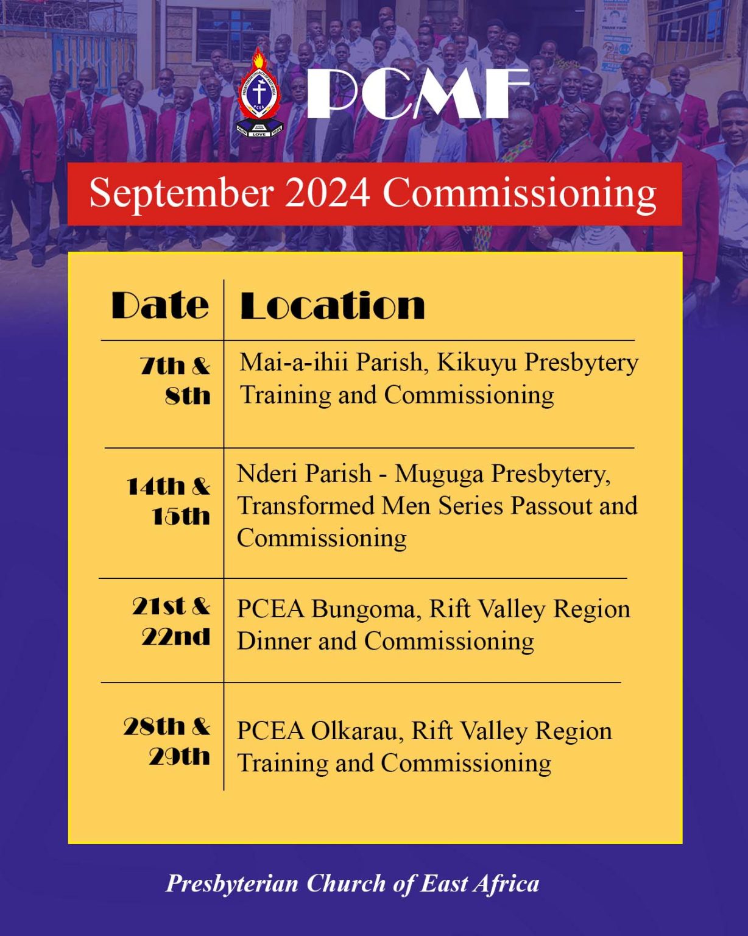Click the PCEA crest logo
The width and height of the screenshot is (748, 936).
point(260,94)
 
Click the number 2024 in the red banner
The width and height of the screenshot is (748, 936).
point(327,194)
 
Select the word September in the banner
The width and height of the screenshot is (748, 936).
point(181,194)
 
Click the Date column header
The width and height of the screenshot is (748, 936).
point(160,305)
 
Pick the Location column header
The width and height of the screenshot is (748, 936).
point(333,305)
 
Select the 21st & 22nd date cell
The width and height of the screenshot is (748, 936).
point(172,621)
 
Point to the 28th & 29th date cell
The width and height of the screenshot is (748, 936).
point(168,741)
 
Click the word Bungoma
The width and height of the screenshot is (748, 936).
point(363,609)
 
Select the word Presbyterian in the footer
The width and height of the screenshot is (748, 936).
point(232,884)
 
